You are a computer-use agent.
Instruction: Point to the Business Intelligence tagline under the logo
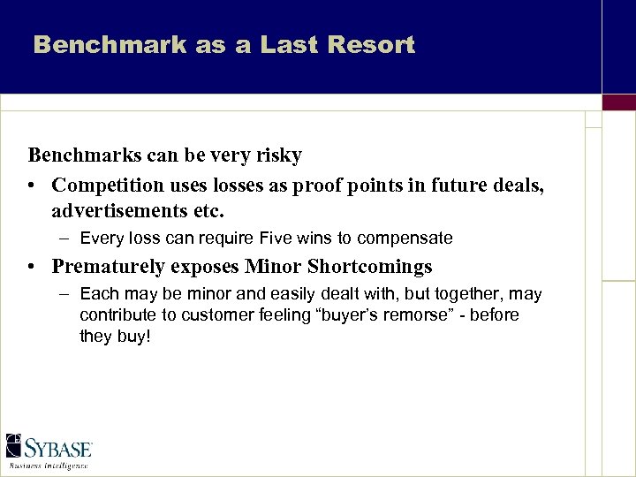click(48, 465)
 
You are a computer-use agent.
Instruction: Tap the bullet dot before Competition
click(32, 185)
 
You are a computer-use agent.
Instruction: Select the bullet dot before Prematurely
click(32, 267)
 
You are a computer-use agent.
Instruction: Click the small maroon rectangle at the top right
click(618, 102)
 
